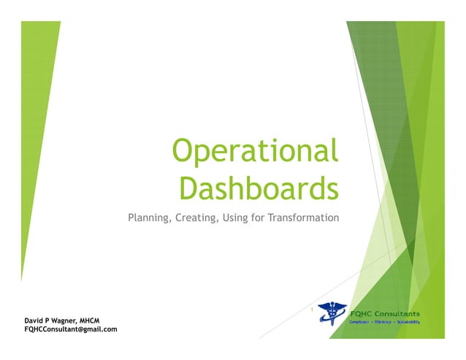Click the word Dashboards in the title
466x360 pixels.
click(x=259, y=188)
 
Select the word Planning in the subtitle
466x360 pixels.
click(x=148, y=218)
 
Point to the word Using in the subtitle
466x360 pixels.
click(x=234, y=218)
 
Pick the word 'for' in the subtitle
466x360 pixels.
click(x=259, y=218)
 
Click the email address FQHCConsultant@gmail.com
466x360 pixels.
click(x=71, y=330)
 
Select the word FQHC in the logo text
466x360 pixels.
click(x=363, y=314)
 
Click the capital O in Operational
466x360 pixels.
click(x=182, y=152)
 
